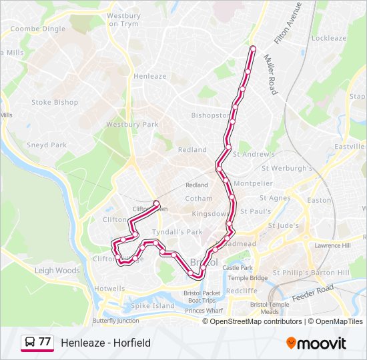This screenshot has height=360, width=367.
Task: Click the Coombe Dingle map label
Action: tap(38, 29)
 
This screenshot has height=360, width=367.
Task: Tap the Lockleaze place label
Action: tap(329, 39)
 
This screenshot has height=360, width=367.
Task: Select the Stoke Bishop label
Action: tap(55, 103)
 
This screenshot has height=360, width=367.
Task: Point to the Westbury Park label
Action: tap(132, 125)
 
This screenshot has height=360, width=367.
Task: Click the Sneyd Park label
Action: tap(47, 145)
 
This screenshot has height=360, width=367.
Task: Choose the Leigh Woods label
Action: tap(57, 271)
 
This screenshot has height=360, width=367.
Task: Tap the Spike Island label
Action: tap(153, 306)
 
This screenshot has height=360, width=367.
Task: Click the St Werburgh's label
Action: tap(288, 169)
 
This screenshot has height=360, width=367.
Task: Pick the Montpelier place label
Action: tap(253, 183)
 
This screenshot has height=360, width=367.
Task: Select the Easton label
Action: tap(319, 200)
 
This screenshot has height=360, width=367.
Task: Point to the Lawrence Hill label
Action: tap(333, 246)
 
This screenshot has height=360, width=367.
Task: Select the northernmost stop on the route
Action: tap(253, 48)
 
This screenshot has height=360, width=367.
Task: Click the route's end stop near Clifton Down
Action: tap(156, 203)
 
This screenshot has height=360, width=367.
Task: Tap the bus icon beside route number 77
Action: tap(29, 343)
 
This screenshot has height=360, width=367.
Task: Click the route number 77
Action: tap(45, 342)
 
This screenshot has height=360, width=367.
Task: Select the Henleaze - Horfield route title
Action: tap(105, 343)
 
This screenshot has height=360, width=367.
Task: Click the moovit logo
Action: tap(316, 343)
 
